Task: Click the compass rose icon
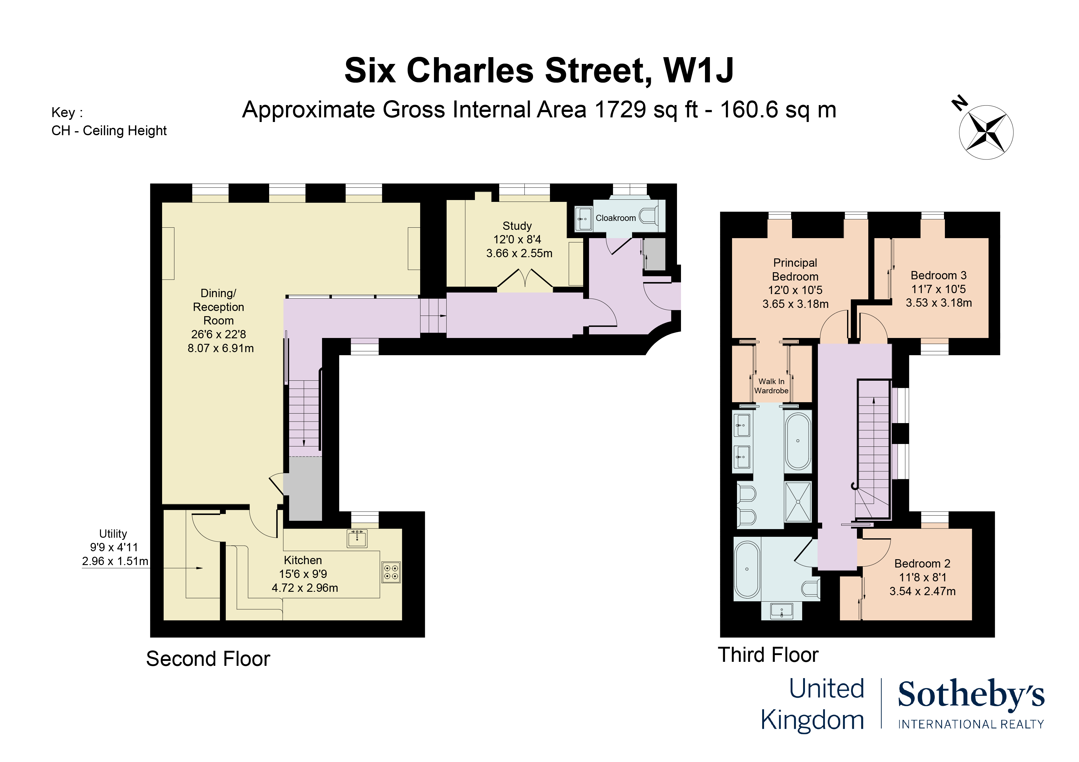985,132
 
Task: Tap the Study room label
517,226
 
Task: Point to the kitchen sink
357,539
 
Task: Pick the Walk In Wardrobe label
771,386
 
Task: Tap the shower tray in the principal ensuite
798,502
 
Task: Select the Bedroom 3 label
938,276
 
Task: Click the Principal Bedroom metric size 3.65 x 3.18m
795,304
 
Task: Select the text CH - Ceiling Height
109,131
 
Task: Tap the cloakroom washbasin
583,219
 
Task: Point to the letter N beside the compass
959,103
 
